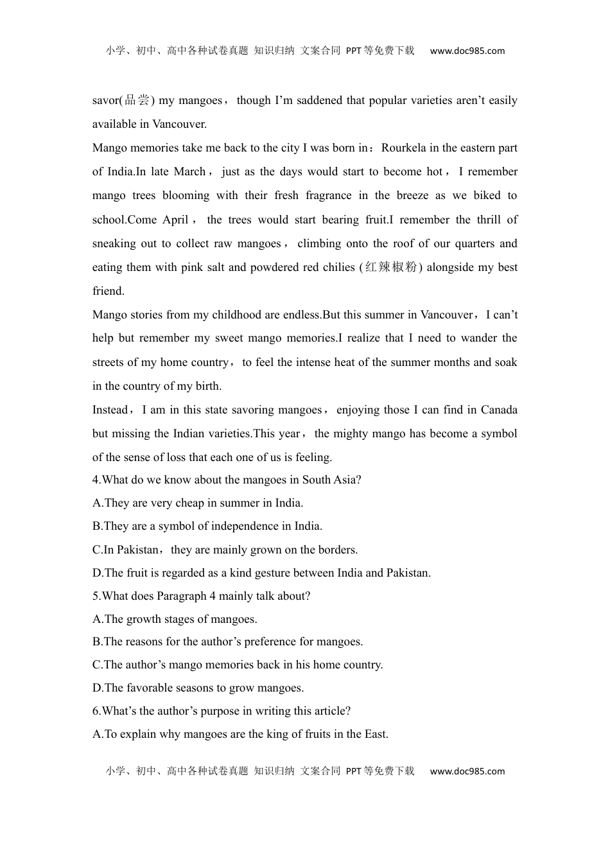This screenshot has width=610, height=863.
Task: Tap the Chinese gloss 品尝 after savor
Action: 137,100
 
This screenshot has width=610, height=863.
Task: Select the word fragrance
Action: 328,195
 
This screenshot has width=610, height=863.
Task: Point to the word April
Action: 175,220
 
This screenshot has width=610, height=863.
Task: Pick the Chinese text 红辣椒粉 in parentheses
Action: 392,267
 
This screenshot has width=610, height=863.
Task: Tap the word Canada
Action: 499,410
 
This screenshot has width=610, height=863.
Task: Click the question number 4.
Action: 96,480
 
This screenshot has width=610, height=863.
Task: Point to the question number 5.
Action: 96,596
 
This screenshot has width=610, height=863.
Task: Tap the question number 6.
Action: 96,711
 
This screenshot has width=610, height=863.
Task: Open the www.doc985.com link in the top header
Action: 467,51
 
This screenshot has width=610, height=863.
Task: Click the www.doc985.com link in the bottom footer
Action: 467,771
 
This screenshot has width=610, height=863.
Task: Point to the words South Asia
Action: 330,480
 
